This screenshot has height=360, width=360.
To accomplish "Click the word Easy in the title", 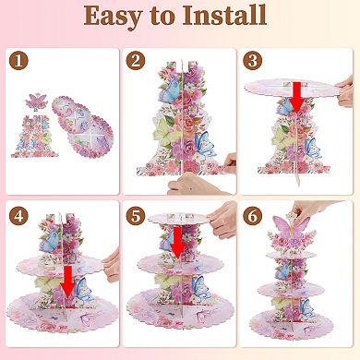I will (113, 17).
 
